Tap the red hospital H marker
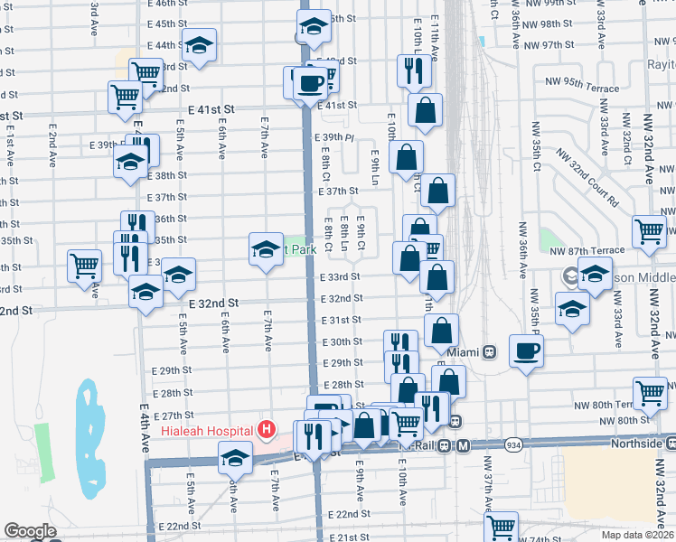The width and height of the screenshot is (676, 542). point(267,429)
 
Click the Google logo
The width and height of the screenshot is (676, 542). point(30,532)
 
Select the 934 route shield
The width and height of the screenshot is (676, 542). point(513,444)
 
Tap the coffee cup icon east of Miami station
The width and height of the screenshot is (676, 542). point(527,350)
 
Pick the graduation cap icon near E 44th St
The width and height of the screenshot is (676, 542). point(199,44)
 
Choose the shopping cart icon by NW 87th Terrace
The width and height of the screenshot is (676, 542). point(650,232)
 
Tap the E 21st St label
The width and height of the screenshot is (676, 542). point(342,537)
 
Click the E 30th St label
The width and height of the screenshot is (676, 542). point(343,342)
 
